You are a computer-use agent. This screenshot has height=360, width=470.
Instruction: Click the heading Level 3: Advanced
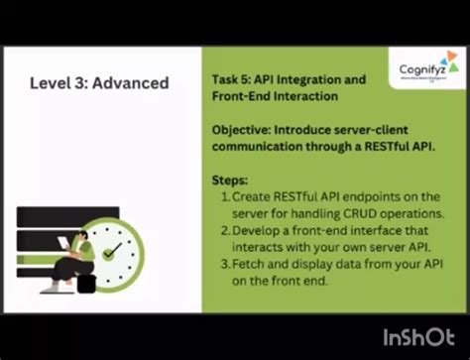(x=98, y=83)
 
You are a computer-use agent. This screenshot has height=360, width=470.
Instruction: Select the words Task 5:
(x=232, y=78)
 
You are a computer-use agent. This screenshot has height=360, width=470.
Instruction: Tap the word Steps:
(x=231, y=180)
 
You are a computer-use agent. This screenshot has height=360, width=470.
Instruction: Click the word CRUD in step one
(x=348, y=213)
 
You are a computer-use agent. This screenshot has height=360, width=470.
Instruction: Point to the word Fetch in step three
(x=251, y=264)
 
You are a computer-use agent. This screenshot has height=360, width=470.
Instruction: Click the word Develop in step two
(x=260, y=230)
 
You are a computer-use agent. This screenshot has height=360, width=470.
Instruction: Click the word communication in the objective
(x=261, y=148)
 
